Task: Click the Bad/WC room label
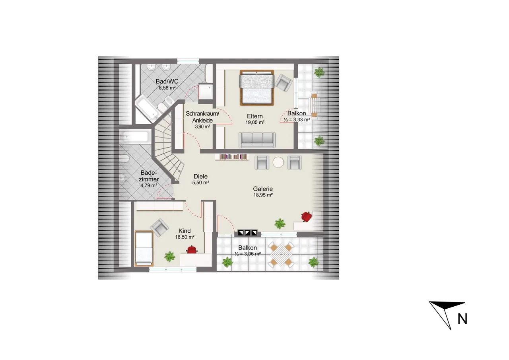167,82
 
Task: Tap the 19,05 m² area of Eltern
255,123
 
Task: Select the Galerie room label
263,189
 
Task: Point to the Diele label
200,176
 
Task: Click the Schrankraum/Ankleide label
202,117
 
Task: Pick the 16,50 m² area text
185,237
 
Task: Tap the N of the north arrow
462,319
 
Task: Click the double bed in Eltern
257,88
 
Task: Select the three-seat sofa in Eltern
257,140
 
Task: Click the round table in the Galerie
278,163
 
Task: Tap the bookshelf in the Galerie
233,157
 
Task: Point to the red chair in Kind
192,249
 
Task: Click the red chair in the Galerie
307,216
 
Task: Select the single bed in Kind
144,248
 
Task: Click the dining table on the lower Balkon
281,255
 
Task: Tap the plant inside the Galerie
280,224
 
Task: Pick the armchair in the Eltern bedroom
284,83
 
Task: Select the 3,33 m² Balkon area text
297,120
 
